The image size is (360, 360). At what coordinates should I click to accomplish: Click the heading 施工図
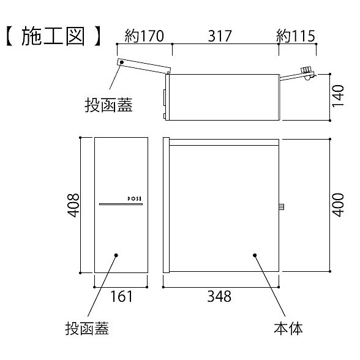(x=53, y=36)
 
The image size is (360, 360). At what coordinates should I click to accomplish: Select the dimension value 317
(x=220, y=36)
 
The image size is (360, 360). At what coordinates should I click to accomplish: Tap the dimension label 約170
(x=144, y=36)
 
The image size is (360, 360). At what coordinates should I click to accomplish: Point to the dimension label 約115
(x=296, y=36)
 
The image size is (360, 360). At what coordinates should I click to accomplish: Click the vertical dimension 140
(x=338, y=96)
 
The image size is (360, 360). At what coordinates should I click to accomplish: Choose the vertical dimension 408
(x=73, y=205)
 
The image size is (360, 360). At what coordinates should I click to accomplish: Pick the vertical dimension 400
(x=338, y=205)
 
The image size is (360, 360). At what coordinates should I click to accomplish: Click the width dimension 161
(x=121, y=296)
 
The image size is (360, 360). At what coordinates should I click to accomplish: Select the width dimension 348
(x=219, y=296)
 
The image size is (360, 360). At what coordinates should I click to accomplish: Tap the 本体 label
(x=288, y=329)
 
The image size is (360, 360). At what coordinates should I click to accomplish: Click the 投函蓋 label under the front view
(x=87, y=329)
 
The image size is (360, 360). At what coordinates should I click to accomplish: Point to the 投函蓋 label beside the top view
(x=108, y=105)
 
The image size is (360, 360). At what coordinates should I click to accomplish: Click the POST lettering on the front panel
(x=135, y=199)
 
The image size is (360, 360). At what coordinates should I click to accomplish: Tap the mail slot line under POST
(x=121, y=204)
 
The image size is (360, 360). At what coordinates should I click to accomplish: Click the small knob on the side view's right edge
(x=282, y=207)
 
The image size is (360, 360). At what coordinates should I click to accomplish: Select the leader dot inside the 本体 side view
(x=255, y=255)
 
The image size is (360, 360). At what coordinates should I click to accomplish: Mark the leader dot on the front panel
(x=116, y=255)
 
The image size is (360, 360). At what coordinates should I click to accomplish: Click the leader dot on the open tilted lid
(x=122, y=62)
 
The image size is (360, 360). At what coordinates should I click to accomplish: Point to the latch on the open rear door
(x=307, y=73)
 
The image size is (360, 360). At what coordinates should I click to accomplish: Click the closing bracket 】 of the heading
(x=97, y=36)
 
